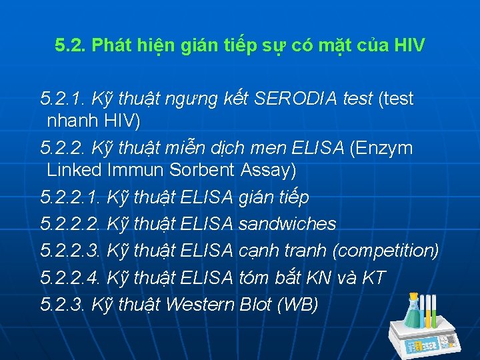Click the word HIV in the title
[409, 46]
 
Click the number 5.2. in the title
[71, 46]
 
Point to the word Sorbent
[201, 170]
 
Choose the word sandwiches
[287, 224]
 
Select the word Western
[199, 305]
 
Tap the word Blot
[257, 305]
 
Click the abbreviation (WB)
[301, 305]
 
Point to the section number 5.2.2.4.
[71, 278]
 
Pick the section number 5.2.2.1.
[71, 197]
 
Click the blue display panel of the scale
[425, 345]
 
